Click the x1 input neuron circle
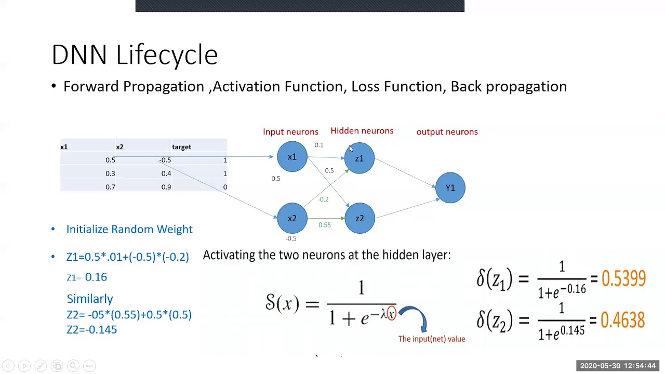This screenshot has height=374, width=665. (x=292, y=157)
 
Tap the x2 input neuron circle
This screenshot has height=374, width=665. (x=292, y=218)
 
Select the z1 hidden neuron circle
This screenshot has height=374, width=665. (x=359, y=158)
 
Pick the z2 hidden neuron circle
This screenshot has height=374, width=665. (x=360, y=218)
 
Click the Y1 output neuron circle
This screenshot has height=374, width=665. (x=450, y=188)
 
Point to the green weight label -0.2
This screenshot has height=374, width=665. (x=323, y=199)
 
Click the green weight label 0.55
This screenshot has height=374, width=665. (x=324, y=225)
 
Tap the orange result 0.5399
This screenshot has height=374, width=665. (x=623, y=279)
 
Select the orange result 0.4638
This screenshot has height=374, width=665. (x=622, y=320)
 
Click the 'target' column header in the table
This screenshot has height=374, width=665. (x=181, y=147)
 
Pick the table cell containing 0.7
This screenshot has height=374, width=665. (x=110, y=187)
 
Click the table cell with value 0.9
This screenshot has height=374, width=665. (x=166, y=187)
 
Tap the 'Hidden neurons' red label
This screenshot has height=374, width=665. (x=362, y=131)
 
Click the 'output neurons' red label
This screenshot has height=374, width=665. (x=447, y=132)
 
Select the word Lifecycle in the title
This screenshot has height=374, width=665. (x=167, y=55)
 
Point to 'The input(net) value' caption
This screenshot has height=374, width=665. (x=431, y=339)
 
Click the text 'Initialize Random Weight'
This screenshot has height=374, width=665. (x=129, y=229)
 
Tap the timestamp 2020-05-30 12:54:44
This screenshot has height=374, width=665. (x=618, y=366)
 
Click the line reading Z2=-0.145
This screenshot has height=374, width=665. (x=91, y=329)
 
